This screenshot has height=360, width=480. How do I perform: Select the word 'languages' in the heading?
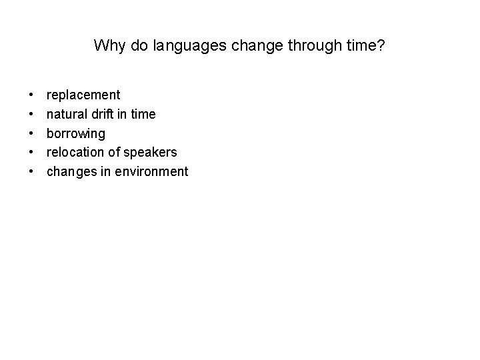182,46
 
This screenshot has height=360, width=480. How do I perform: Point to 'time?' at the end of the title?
367,46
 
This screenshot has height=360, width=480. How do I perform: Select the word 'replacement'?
83,95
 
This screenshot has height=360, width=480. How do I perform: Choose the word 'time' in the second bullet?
143,114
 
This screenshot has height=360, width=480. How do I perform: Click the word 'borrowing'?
75,133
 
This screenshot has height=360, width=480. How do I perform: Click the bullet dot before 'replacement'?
31,95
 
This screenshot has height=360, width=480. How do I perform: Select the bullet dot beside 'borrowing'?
31,133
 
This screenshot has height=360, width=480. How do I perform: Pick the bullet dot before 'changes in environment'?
31,171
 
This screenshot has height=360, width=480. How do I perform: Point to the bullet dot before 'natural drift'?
31,115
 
